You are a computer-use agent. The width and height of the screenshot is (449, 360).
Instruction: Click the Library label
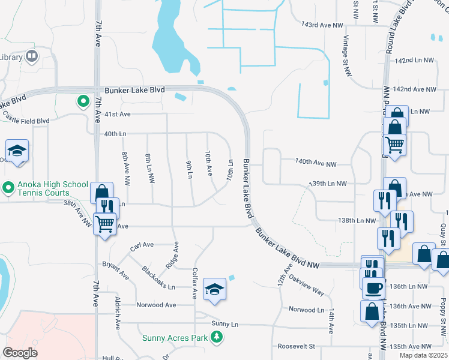11,57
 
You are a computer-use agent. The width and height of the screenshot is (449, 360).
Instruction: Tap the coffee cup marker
373,287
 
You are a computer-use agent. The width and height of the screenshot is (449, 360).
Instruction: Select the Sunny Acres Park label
174,337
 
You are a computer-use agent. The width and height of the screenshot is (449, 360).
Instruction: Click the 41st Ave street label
118,113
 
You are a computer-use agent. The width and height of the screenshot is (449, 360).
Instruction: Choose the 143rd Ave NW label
322,25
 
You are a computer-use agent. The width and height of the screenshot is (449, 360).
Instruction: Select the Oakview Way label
307,285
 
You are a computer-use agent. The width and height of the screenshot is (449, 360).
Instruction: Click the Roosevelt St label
297,346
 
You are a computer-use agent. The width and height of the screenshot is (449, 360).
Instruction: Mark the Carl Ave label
142,245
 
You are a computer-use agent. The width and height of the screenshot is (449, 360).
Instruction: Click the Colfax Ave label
194,283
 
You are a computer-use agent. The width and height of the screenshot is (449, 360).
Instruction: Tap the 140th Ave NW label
315,163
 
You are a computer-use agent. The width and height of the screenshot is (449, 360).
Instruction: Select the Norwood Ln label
306,310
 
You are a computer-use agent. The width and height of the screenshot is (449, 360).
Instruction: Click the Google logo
20,353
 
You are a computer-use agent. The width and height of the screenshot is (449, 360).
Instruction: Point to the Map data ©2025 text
423,355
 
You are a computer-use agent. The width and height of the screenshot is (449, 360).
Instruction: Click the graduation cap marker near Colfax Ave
214,289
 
